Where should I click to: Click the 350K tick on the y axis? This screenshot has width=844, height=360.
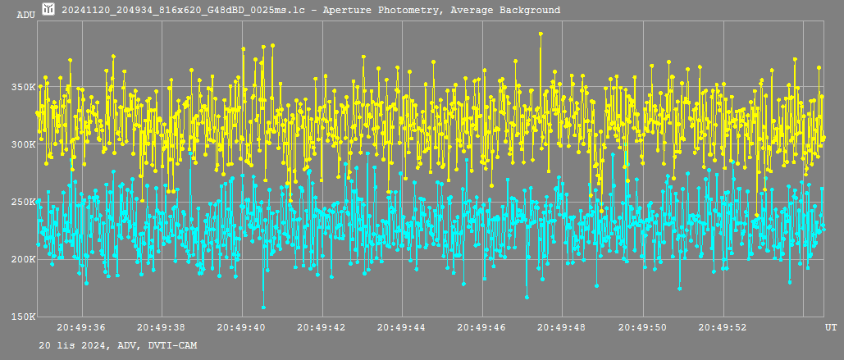[26, 87]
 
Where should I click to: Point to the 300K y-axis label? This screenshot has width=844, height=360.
[26, 144]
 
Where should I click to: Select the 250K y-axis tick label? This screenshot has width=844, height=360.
[26, 202]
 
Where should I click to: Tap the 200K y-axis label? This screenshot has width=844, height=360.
[26, 259]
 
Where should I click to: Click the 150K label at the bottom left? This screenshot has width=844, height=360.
[26, 317]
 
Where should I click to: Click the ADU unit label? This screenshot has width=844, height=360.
[26, 15]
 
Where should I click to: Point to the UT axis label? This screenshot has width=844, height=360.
[831, 326]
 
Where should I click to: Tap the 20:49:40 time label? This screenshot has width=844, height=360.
[241, 326]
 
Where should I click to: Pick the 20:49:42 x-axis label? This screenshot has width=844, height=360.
[322, 326]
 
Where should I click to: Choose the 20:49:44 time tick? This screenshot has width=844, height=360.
[402, 326]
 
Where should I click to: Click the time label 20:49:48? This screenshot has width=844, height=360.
[562, 326]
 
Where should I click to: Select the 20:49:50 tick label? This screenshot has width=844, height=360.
[643, 326]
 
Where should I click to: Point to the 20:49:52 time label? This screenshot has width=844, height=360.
[723, 326]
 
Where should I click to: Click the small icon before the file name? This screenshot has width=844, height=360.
[48, 8]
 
